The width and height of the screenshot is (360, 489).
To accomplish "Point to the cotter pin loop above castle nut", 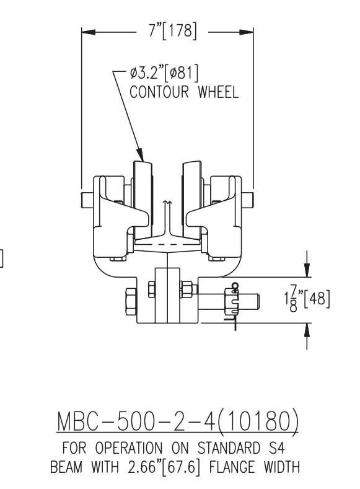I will click(234, 286).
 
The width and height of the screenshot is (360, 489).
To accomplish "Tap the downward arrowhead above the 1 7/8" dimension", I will click(306, 270).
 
